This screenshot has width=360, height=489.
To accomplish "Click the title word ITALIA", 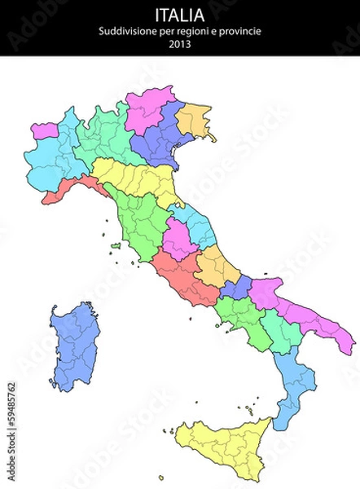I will pos(179,14).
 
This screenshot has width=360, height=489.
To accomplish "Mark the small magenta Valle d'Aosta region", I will pos(45,130).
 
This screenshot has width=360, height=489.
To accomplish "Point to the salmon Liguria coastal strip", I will pos(69,189).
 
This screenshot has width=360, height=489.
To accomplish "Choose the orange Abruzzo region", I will pos(214,265).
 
